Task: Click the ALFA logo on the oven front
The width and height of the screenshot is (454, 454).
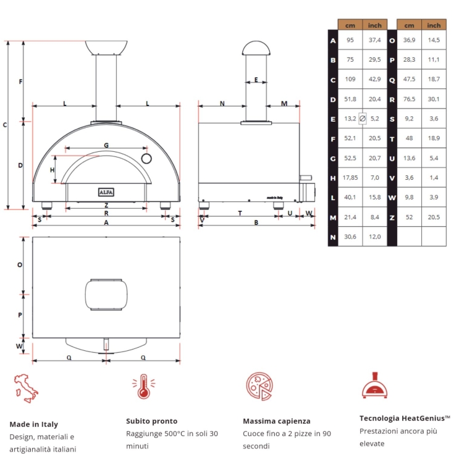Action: coord(106,192)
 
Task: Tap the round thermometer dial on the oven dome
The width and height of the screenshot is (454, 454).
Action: coord(146,159)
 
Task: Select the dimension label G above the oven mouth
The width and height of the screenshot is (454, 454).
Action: coord(106,145)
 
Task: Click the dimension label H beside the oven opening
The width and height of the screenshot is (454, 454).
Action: coord(53,170)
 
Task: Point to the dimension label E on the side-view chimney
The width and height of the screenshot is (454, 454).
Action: coord(256,80)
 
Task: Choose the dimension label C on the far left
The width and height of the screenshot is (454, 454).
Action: coord(5,125)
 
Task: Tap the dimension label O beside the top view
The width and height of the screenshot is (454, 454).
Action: coord(20,264)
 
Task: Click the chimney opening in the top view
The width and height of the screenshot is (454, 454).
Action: coord(106,296)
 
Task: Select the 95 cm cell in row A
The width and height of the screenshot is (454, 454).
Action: coord(350,40)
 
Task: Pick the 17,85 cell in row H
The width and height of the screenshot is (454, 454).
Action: coord(350,177)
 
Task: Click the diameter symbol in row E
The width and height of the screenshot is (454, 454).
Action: coord(363,118)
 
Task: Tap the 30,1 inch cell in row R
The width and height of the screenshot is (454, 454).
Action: coord(434,99)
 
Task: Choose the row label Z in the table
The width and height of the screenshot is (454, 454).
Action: coord(392,217)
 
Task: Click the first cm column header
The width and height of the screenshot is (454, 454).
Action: coord(350,25)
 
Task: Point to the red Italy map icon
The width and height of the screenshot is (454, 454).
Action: coord(26,387)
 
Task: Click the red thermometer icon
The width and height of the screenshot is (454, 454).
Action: coord(143,387)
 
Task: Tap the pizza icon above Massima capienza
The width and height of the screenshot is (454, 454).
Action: coord(259,387)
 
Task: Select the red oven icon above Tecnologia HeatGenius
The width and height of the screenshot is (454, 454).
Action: coord(375,385)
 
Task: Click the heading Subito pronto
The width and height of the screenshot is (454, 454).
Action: coord(151,421)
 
